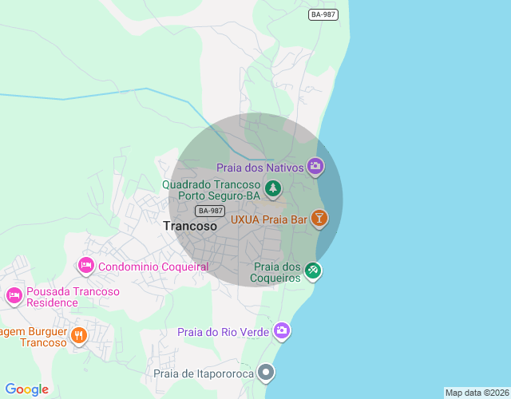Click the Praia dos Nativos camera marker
tap(315, 167)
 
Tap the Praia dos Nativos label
tap(260, 168)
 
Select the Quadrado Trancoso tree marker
tap(274, 188)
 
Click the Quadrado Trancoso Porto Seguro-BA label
tap(212, 189)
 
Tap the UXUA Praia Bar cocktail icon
tap(319, 218)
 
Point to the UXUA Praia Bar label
tap(269, 219)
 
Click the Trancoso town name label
tap(190, 226)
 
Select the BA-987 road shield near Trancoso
tap(209, 211)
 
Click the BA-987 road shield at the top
tap(323, 14)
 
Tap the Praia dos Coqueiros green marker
tap(314, 271)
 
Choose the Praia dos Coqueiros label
tap(277, 272)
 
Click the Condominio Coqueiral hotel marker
tap(85, 265)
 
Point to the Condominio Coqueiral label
tap(153, 267)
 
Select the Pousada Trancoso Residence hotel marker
tap(14, 296)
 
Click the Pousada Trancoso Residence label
tap(73, 297)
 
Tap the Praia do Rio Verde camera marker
tap(282, 330)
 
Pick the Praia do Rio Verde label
tap(224, 332)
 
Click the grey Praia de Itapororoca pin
tap(267, 372)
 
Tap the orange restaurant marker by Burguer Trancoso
tap(78, 335)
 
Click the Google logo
tap(26, 389)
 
